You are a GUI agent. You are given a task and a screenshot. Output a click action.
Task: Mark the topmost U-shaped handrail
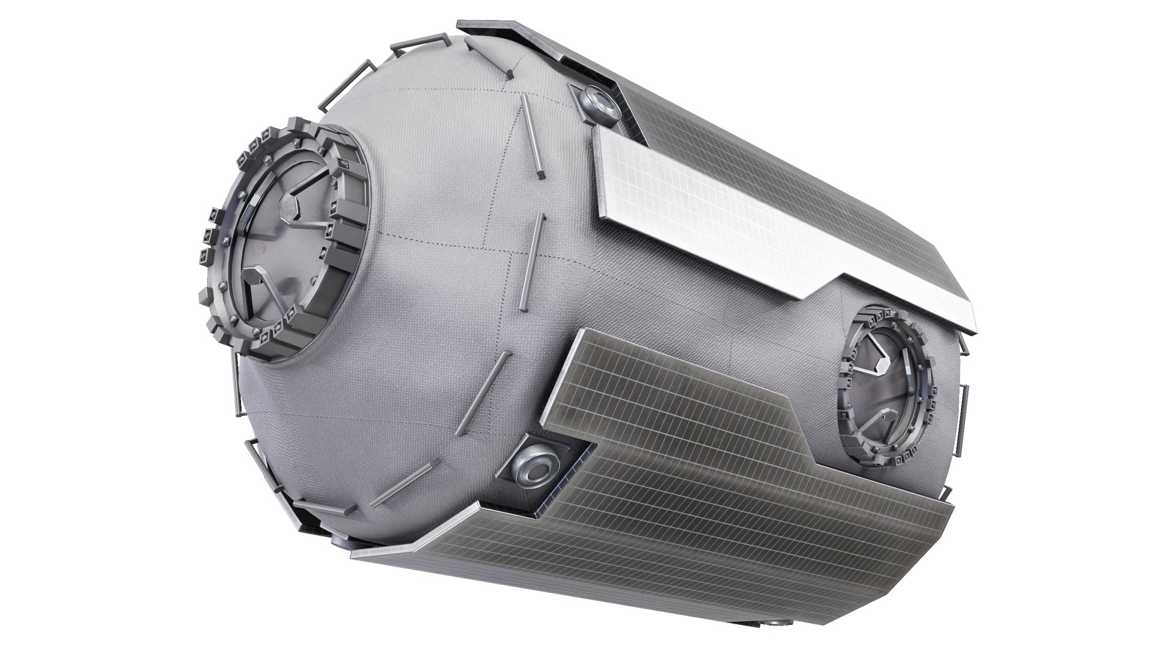(421, 44)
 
